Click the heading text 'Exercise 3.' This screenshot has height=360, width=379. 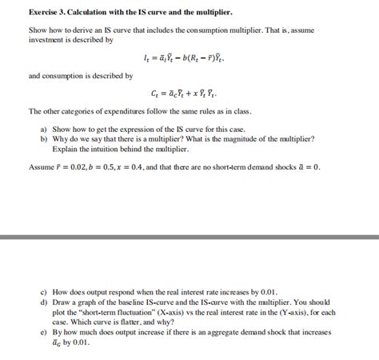click(49, 12)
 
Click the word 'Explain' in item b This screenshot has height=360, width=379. click(66, 149)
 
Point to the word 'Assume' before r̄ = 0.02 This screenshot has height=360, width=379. click(42, 166)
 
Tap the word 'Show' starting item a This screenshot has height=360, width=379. click(62, 130)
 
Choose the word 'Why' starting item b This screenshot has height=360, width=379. click(62, 139)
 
